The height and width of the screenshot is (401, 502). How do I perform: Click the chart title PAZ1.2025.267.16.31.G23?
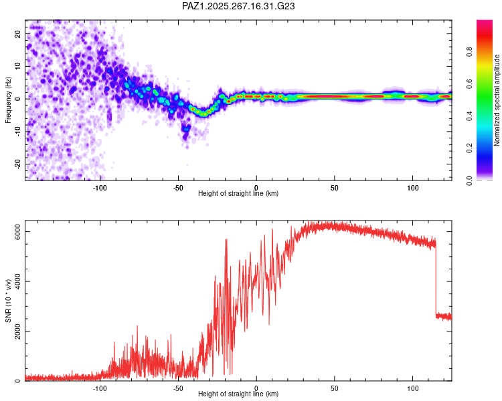point(238,6)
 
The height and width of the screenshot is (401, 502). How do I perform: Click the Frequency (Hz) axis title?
point(8,100)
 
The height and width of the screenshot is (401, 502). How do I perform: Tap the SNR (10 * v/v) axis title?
point(8,301)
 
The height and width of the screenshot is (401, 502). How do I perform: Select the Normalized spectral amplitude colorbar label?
point(497,100)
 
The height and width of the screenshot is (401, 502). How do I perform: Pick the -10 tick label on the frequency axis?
point(17,132)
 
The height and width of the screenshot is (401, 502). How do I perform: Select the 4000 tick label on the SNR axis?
point(17,281)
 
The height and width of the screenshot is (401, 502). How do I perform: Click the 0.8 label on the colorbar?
point(469,52)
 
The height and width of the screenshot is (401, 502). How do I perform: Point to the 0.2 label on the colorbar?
point(469,148)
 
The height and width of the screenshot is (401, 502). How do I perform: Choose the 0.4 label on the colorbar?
point(469,116)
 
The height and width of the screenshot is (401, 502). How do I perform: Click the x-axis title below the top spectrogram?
point(238,193)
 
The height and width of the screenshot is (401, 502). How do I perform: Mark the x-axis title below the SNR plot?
point(238,394)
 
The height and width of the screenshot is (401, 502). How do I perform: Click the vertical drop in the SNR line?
point(436,278)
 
